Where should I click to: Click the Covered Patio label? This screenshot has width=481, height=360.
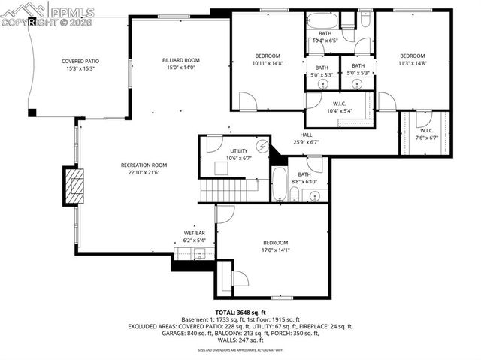(80, 61)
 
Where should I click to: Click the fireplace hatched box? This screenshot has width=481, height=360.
(74, 185)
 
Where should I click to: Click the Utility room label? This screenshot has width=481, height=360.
(238, 151)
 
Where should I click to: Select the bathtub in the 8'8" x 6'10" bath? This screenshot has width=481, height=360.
(279, 185)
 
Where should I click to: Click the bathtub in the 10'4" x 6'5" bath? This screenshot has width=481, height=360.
(323, 20)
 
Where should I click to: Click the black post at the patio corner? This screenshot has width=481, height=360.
(32, 113)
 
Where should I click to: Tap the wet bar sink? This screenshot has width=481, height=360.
(199, 254)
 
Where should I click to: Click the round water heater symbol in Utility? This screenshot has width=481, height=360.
(262, 146)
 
